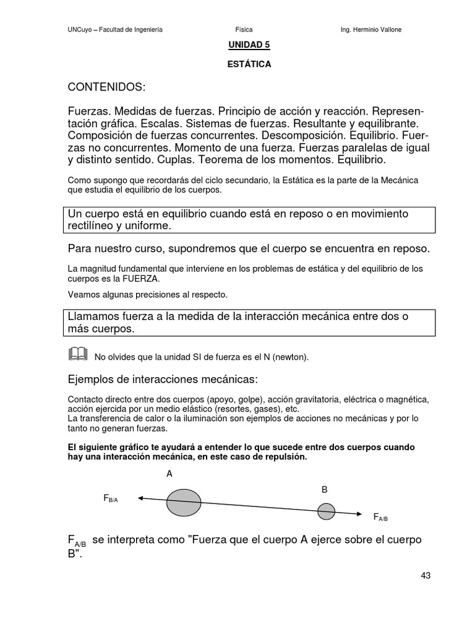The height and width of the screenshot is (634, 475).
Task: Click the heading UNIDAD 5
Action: tap(249, 45)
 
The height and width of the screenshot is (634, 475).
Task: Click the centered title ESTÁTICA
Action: tap(249, 64)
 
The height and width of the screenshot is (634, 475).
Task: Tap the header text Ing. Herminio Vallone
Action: tap(375, 30)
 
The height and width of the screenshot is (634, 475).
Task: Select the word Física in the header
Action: tap(244, 30)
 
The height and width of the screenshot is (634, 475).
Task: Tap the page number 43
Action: tap(426, 575)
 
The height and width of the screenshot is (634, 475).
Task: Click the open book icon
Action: tap(78, 354)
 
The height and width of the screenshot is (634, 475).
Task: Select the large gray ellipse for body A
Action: tap(184, 502)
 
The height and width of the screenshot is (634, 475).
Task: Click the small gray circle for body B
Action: tap(326, 511)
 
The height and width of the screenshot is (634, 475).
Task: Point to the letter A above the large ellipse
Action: tap(169, 474)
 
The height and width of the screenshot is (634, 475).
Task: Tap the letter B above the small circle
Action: tap(324, 489)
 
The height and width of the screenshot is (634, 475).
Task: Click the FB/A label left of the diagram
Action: tap(111, 498)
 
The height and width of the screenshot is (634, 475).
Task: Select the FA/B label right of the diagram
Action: tap(380, 517)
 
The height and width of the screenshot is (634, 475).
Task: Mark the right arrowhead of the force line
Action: tap(360, 514)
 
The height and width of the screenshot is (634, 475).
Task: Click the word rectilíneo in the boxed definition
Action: tap(91, 226)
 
